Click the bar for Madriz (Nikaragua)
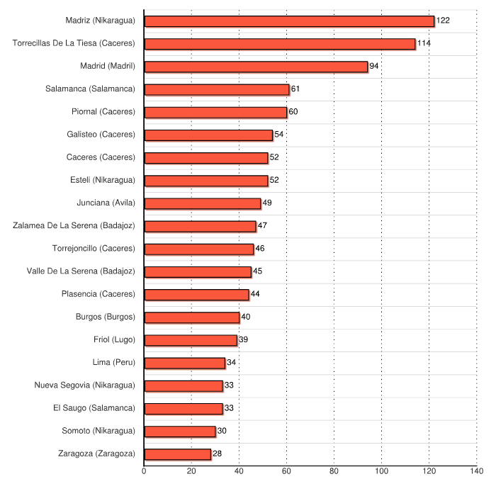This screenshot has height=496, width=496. tap(289, 21)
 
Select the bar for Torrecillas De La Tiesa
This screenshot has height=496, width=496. tap(280, 44)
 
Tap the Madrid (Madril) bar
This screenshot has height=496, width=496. tap(256, 67)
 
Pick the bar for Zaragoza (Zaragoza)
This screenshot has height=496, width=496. tap(178, 454)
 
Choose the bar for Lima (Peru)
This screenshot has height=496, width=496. tap(185, 363)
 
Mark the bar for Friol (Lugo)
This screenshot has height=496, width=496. tap(191, 340)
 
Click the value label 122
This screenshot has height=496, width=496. tap(443, 21)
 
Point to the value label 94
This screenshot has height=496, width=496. tap(374, 67)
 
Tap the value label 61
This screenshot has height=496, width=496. tap(295, 89)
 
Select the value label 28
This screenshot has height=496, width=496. tap(218, 454)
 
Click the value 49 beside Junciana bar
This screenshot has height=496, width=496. tap(267, 203)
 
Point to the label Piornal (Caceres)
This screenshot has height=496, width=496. tap(103, 112)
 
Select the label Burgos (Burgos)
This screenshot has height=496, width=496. tap(105, 317)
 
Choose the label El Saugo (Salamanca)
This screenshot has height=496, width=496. tap(94, 408)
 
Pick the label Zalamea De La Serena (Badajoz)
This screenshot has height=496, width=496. tap(74, 226)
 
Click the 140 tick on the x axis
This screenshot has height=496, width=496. tap(476, 471)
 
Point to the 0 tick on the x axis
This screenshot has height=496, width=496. tap(144, 471)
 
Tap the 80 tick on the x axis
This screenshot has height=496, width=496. tap(334, 471)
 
